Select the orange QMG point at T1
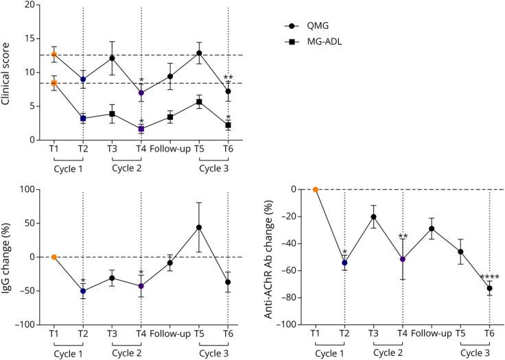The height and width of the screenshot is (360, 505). click(x=54, y=54)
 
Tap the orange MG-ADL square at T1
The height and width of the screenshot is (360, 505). click(x=54, y=83)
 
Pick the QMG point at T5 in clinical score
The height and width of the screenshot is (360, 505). click(x=199, y=53)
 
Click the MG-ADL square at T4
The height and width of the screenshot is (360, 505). click(x=141, y=128)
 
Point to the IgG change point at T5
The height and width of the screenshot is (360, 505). click(x=199, y=227)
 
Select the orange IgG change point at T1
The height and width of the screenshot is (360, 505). click(x=54, y=257)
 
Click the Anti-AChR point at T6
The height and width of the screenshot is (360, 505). click(x=489, y=288)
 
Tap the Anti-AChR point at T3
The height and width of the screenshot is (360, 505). click(x=373, y=217)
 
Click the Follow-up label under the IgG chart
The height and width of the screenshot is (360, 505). click(x=169, y=334)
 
